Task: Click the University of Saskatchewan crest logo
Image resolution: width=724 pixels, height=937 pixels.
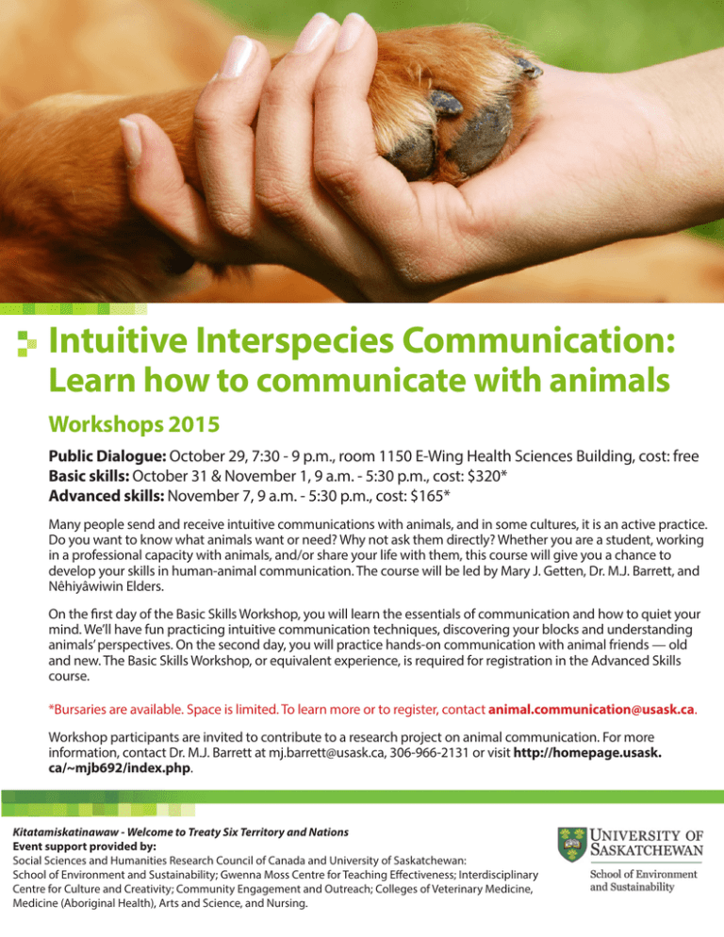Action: (x=572, y=844)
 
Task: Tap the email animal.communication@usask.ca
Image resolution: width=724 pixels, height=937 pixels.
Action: (x=591, y=709)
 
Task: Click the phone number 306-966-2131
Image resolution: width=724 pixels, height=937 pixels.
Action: (x=429, y=752)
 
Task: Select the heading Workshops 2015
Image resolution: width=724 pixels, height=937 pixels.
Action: (x=134, y=424)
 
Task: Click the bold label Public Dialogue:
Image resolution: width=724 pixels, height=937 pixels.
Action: (x=107, y=456)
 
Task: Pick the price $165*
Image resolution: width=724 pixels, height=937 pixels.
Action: (x=430, y=496)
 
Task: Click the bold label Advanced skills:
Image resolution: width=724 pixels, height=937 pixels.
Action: (x=107, y=496)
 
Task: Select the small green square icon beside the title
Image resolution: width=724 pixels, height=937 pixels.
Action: (x=26, y=343)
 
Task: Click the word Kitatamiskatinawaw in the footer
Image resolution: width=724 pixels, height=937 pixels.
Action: (x=65, y=831)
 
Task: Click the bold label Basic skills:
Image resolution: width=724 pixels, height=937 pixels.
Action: (x=89, y=476)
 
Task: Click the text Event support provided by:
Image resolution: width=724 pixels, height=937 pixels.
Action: (x=84, y=847)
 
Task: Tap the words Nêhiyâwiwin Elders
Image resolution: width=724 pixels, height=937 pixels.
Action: (x=106, y=586)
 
